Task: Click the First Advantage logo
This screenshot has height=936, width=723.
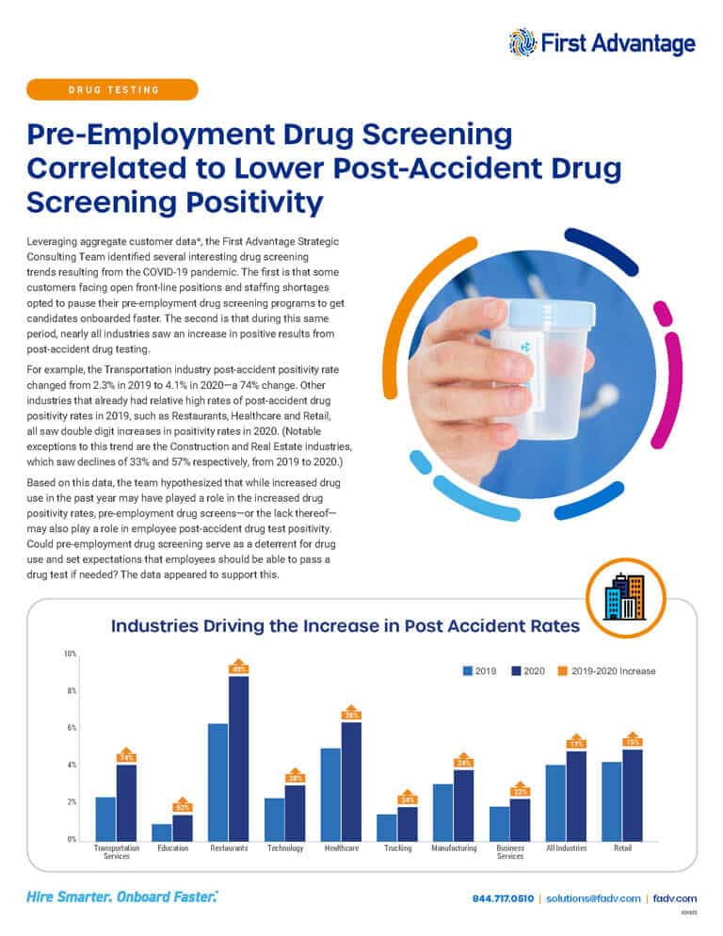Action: click(x=602, y=42)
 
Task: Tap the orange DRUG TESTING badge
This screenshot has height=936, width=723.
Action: click(x=113, y=89)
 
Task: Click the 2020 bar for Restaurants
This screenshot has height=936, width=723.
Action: click(x=238, y=758)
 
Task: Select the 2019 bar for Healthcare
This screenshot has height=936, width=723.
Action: click(x=330, y=794)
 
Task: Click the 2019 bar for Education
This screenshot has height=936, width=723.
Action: click(x=162, y=831)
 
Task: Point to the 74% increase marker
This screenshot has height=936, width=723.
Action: click(x=127, y=756)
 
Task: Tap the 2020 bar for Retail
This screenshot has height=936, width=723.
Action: click(x=632, y=795)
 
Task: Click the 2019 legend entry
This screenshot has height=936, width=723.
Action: click(x=479, y=671)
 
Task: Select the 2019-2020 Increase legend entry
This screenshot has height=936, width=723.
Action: click(x=606, y=671)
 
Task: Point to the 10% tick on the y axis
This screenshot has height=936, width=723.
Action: click(x=71, y=654)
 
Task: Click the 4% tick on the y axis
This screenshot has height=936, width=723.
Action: click(x=71, y=766)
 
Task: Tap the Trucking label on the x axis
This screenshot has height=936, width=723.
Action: click(x=397, y=848)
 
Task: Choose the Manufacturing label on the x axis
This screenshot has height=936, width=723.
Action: click(x=454, y=848)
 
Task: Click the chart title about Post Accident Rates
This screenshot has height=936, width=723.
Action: click(x=345, y=625)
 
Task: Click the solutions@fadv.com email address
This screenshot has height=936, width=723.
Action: click(x=593, y=898)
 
